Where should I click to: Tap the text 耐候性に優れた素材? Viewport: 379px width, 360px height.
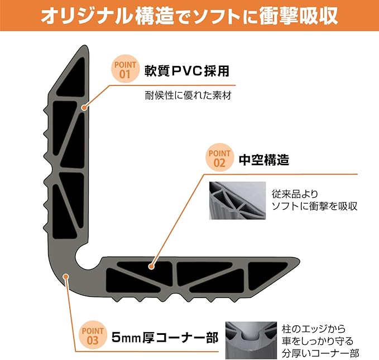(x=186, y=95)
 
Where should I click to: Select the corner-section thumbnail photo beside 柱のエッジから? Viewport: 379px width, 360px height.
(x=251, y=339)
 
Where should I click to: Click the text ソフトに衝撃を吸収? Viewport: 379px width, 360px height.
(x=314, y=207)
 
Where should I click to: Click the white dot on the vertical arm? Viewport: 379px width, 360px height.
(x=84, y=108)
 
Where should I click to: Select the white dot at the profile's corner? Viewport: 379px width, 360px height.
(x=66, y=275)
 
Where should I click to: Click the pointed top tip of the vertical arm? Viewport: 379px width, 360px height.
(x=84, y=50)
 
